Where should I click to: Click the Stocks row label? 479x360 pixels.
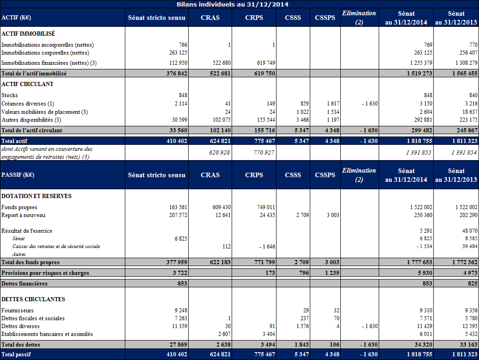pyautogui.click(x=10, y=95)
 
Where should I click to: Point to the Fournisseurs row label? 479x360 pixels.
pyautogui.click(x=18, y=310)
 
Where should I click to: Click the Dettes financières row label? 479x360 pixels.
pyautogui.click(x=24, y=284)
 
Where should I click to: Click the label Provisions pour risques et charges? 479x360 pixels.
pyautogui.click(x=45, y=273)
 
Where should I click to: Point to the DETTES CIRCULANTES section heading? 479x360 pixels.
pyautogui.click(x=33, y=299)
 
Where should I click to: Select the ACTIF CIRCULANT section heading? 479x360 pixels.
pyautogui.click(x=27, y=84)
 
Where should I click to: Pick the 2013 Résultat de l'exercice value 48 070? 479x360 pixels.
pyautogui.click(x=468, y=231)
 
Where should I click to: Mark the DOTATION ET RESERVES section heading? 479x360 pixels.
pyautogui.click(x=37, y=196)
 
